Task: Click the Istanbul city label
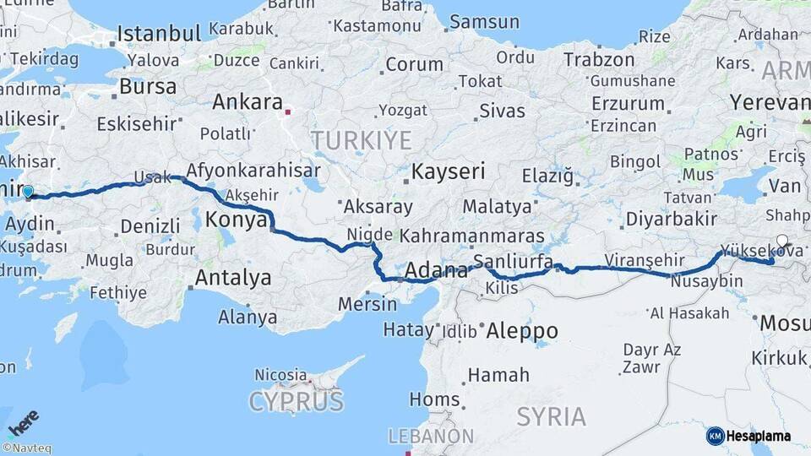tap(159, 34)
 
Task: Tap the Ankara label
tap(247, 102)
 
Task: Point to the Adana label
tap(436, 271)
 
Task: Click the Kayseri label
tap(448, 172)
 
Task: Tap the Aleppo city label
tap(522, 331)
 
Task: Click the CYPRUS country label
tap(296, 400)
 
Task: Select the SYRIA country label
tap(551, 416)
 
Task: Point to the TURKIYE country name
tap(361, 140)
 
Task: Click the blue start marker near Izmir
tap(28, 193)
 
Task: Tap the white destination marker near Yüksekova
tap(782, 241)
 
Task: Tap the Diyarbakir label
tap(672, 219)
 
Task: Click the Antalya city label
tap(233, 278)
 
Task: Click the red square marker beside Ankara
tap(288, 110)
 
